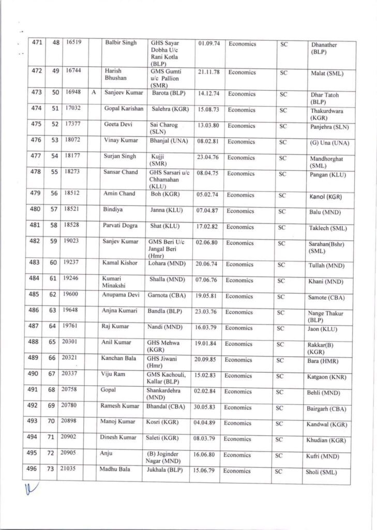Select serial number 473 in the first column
(37, 93)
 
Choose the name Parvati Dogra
(119, 226)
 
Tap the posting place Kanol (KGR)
(326, 197)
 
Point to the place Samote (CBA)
(327, 298)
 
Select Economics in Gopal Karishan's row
(242, 110)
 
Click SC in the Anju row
(279, 455)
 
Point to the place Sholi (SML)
(321, 472)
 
